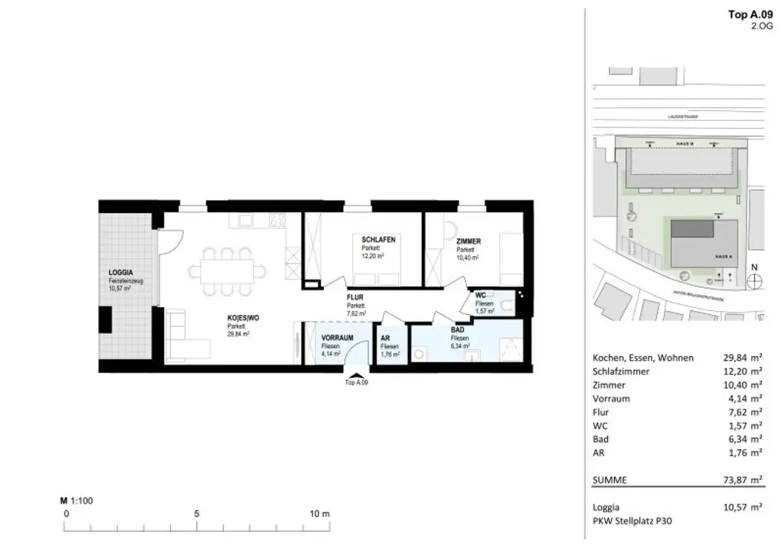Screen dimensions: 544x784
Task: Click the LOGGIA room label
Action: [x=121, y=272]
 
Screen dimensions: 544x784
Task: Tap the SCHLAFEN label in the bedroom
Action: [x=378, y=240]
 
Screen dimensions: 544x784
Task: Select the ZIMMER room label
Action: [x=469, y=241]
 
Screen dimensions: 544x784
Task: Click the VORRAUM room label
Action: [x=337, y=338]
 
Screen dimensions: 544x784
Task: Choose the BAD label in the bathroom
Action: [x=459, y=329]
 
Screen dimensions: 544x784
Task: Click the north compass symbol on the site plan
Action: [x=754, y=280]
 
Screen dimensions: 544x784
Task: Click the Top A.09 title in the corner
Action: [x=750, y=13]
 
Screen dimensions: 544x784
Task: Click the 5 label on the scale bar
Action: [x=197, y=513]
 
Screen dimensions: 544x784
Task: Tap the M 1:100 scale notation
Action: [x=77, y=500]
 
